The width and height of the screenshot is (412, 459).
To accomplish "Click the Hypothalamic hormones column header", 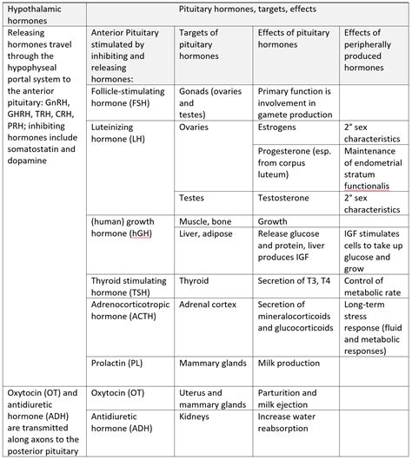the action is point(43,14).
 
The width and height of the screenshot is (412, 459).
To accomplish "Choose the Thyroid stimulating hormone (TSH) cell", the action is point(127,286).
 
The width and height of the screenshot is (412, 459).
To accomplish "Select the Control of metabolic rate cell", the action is point(373,286).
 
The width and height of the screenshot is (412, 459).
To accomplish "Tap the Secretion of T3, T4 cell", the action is point(296,281).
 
